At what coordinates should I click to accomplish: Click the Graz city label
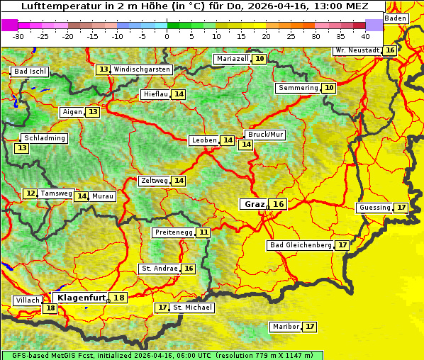[x=254, y=204]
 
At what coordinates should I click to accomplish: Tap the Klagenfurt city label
[x=81, y=298]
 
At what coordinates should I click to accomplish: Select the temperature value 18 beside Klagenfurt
[x=118, y=298]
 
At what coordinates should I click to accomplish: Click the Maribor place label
[x=285, y=327]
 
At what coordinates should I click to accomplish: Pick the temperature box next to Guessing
[x=401, y=208]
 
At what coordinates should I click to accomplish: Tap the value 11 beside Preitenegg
[x=203, y=232]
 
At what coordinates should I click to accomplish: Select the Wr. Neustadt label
[x=357, y=51]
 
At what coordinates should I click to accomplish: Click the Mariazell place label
[x=233, y=59]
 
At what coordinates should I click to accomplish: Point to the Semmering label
[x=298, y=88]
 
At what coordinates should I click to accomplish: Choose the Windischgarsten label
[x=142, y=69]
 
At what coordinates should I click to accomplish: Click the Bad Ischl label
[x=30, y=72]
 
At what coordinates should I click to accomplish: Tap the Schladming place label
[x=44, y=138]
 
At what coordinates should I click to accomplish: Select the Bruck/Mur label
[x=264, y=135]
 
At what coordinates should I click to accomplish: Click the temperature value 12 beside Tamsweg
[x=30, y=193]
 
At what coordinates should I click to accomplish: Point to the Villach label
[x=27, y=300]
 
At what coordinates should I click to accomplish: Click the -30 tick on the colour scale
[x=18, y=36]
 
